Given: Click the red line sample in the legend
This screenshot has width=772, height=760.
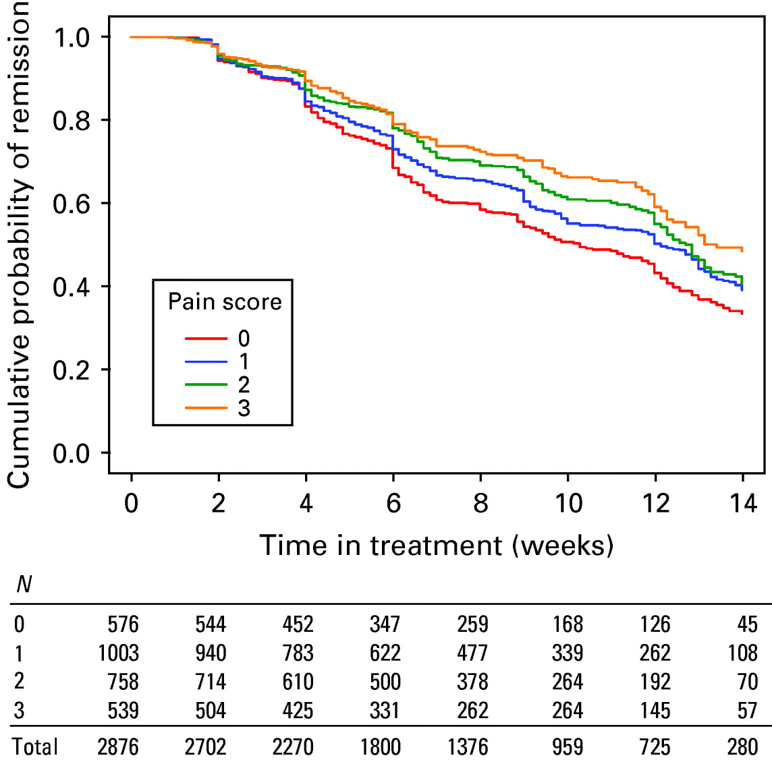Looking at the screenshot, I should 206,338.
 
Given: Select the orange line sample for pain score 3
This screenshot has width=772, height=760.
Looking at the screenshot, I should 206,407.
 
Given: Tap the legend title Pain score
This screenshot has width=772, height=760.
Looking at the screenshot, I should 225,301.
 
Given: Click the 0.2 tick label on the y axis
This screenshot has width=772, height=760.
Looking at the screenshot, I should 71,370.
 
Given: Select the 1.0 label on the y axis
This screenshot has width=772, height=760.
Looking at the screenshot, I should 71,37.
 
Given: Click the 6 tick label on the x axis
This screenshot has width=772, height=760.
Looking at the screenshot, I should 393,503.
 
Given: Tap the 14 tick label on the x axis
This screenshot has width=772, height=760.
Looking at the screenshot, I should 742,503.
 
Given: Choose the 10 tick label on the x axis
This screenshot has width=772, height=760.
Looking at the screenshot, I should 568,503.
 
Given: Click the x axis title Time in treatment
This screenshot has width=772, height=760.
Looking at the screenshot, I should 436,545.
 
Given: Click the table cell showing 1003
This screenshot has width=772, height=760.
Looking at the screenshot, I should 118,653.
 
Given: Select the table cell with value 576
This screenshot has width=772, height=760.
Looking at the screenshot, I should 123,624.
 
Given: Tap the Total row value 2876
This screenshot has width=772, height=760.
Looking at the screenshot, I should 118,747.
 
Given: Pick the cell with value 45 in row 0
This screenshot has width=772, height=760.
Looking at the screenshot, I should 747,624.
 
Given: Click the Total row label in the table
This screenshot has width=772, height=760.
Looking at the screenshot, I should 35,747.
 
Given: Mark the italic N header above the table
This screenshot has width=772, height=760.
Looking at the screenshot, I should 24,584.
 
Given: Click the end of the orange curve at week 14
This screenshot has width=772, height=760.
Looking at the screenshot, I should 742,250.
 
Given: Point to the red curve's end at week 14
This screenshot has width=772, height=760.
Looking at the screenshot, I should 742,312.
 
